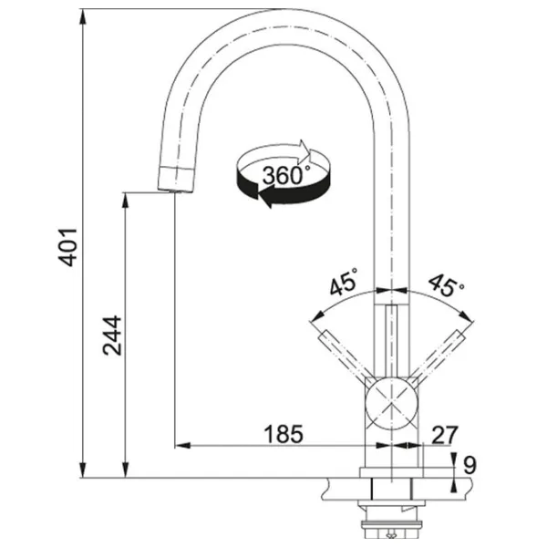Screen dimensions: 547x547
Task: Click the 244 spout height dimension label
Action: point(112,335)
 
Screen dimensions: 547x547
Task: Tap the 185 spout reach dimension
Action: point(284,434)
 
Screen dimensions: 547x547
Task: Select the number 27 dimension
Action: point(444,434)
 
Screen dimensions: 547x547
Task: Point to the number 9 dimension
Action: point(470,465)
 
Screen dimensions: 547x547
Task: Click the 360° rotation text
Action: point(284,174)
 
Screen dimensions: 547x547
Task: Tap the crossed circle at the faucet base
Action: point(390,400)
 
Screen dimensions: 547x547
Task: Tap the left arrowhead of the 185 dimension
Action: point(181,446)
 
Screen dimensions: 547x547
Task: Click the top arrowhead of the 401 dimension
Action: point(83,16)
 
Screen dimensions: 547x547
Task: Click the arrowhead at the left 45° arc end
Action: point(315,317)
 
